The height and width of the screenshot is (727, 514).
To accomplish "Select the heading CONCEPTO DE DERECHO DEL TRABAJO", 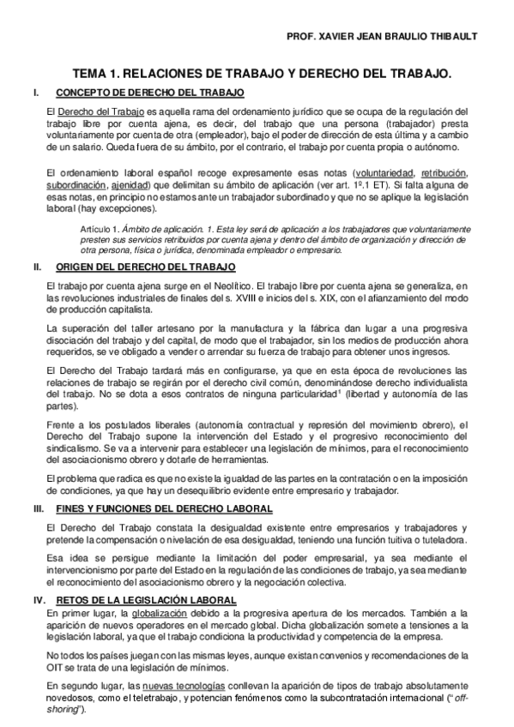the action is click(150, 92).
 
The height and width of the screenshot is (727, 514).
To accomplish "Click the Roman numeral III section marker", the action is click(37, 508).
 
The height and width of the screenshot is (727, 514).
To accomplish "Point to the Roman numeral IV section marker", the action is click(38, 598).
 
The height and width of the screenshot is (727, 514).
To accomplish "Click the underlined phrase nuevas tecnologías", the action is click(184, 687).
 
